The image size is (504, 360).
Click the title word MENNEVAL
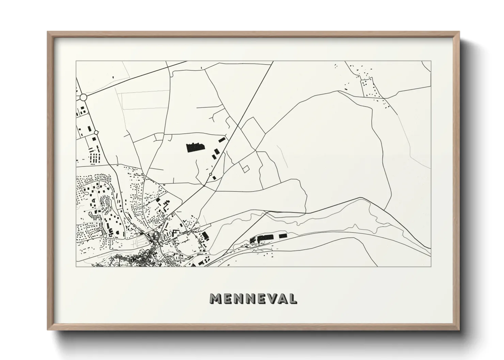point(253,298)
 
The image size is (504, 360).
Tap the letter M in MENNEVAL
point(216,298)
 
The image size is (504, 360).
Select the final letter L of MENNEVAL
point(292,298)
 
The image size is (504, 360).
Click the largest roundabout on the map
point(83,98)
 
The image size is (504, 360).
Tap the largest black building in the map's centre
point(195,148)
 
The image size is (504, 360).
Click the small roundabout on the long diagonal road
point(211,175)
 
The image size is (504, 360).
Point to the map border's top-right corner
point(431,61)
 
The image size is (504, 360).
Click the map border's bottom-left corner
point(76,266)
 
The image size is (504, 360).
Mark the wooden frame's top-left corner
point(47,32)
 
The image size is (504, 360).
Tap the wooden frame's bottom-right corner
point(459,330)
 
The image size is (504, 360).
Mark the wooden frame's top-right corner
point(459,32)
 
